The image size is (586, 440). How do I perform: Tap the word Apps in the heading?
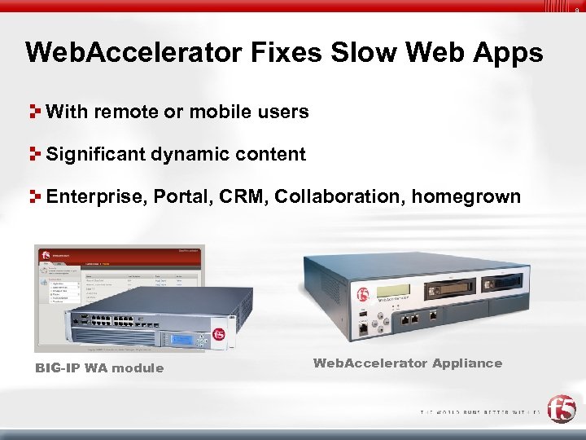[x=509, y=54]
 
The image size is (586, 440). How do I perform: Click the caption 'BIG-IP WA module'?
[x=99, y=368]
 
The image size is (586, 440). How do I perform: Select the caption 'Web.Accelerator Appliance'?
[x=407, y=363]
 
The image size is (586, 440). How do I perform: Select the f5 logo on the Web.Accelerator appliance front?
[x=363, y=294]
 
